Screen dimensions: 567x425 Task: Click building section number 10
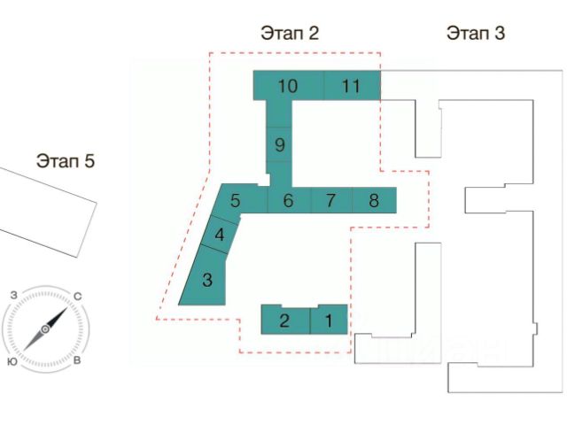coord(287,86)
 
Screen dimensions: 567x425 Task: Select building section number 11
coord(352,86)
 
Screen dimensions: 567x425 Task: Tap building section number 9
coord(279,143)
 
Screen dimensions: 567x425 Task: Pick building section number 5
coord(235,200)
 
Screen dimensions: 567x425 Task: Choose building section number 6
coord(288,200)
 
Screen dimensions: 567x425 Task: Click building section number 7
coord(330,200)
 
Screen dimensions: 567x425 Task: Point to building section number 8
coord(374,200)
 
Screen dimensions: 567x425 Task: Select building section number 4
coord(219,236)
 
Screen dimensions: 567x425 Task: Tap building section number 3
coord(207,281)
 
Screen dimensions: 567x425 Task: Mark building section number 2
coord(284,321)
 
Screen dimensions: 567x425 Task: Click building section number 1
coord(329,321)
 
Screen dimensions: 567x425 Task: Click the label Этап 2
coord(289,34)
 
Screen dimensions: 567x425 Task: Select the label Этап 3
coord(475,34)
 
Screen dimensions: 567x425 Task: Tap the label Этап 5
coord(65,161)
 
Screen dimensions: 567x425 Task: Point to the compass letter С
coord(78,296)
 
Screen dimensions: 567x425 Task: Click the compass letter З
coord(13,295)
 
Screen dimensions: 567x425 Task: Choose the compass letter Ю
coord(12,362)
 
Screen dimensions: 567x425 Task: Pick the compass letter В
coord(78,362)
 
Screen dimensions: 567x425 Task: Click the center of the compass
coord(45,329)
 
